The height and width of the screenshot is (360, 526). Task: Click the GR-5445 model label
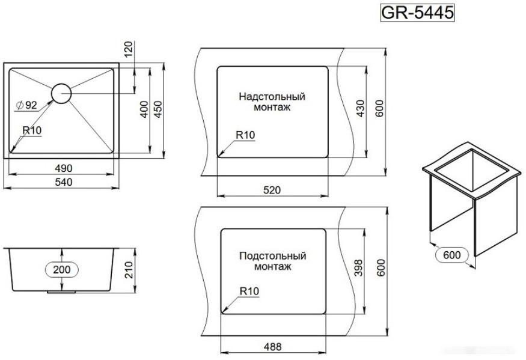coord(417,13)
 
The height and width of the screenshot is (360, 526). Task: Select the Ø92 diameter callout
coord(26,105)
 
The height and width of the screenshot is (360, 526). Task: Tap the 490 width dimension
coord(64,168)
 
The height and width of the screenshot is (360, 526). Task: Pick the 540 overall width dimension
coord(64,182)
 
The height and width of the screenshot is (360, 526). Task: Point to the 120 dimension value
coord(129,49)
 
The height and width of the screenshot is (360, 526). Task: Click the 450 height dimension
coord(157,109)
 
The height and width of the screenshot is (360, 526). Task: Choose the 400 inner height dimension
coord(144,109)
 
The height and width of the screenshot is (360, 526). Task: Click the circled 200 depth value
coord(62,269)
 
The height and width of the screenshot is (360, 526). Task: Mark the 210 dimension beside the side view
coord(129,270)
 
